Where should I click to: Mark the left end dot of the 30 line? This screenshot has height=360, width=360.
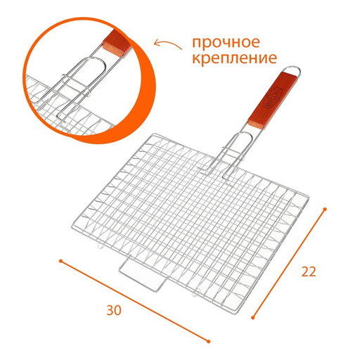coord(60,261)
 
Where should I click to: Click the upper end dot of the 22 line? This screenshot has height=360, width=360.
coord(326,208)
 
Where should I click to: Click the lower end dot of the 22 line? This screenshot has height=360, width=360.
coord(252,317)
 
